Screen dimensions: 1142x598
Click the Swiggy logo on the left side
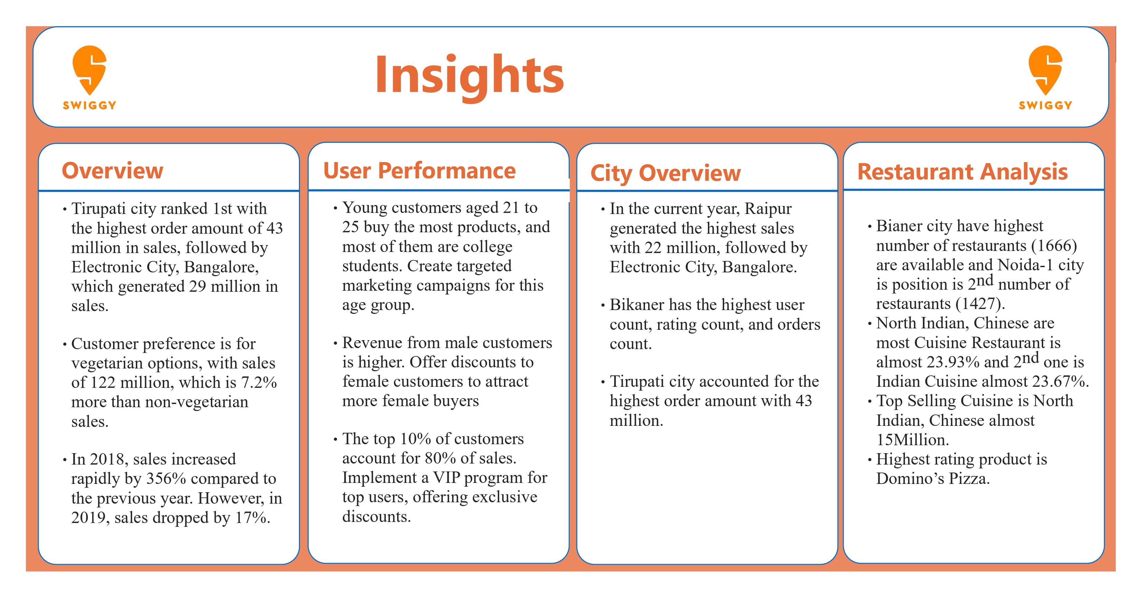point(90,77)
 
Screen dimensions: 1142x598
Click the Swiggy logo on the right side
point(1045,77)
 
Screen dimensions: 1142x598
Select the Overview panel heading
point(113,171)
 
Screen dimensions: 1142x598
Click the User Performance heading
point(419,171)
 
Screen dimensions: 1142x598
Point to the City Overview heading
point(665,173)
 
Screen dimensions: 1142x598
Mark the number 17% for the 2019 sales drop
point(252,517)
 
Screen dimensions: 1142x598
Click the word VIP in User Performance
point(447,477)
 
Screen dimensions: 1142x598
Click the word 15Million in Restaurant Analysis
point(912,440)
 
